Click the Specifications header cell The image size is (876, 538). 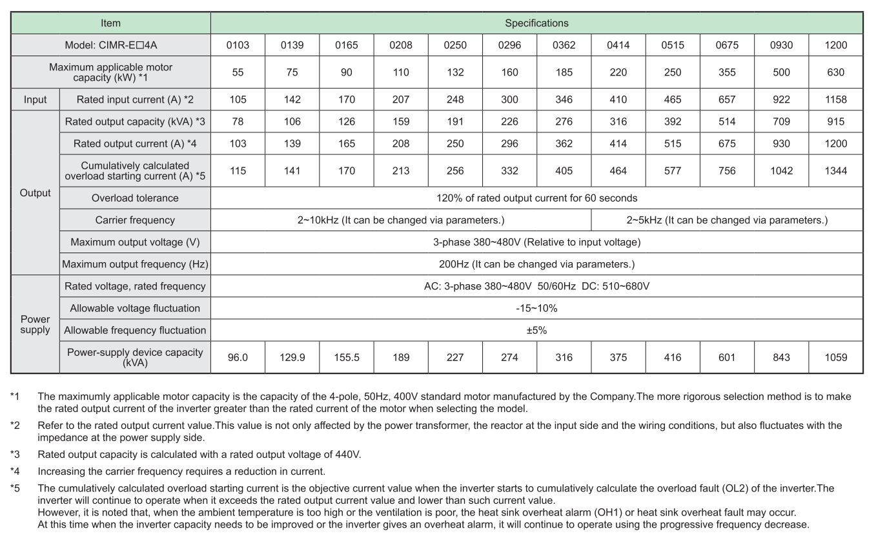[536, 23]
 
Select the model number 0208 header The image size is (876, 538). [401, 45]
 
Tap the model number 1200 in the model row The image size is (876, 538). [835, 45]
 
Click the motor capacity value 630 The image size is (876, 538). [835, 72]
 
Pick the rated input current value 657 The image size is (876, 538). [727, 99]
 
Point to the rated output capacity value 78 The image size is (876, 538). [238, 121]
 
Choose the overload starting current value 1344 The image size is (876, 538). [835, 171]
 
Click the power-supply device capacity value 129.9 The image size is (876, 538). [292, 357]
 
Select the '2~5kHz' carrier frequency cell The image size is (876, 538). [727, 220]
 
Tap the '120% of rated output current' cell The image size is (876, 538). [536, 198]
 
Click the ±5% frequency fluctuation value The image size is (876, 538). [536, 330]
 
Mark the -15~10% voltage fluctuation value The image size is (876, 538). [536, 308]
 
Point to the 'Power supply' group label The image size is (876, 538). [35, 324]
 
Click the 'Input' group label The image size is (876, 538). [35, 99]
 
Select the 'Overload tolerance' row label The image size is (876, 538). [135, 198]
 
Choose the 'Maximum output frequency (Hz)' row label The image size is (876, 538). [135, 264]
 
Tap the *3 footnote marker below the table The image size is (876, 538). [14, 454]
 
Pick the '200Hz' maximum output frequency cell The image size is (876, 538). [536, 264]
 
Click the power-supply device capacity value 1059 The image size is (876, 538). [835, 357]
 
